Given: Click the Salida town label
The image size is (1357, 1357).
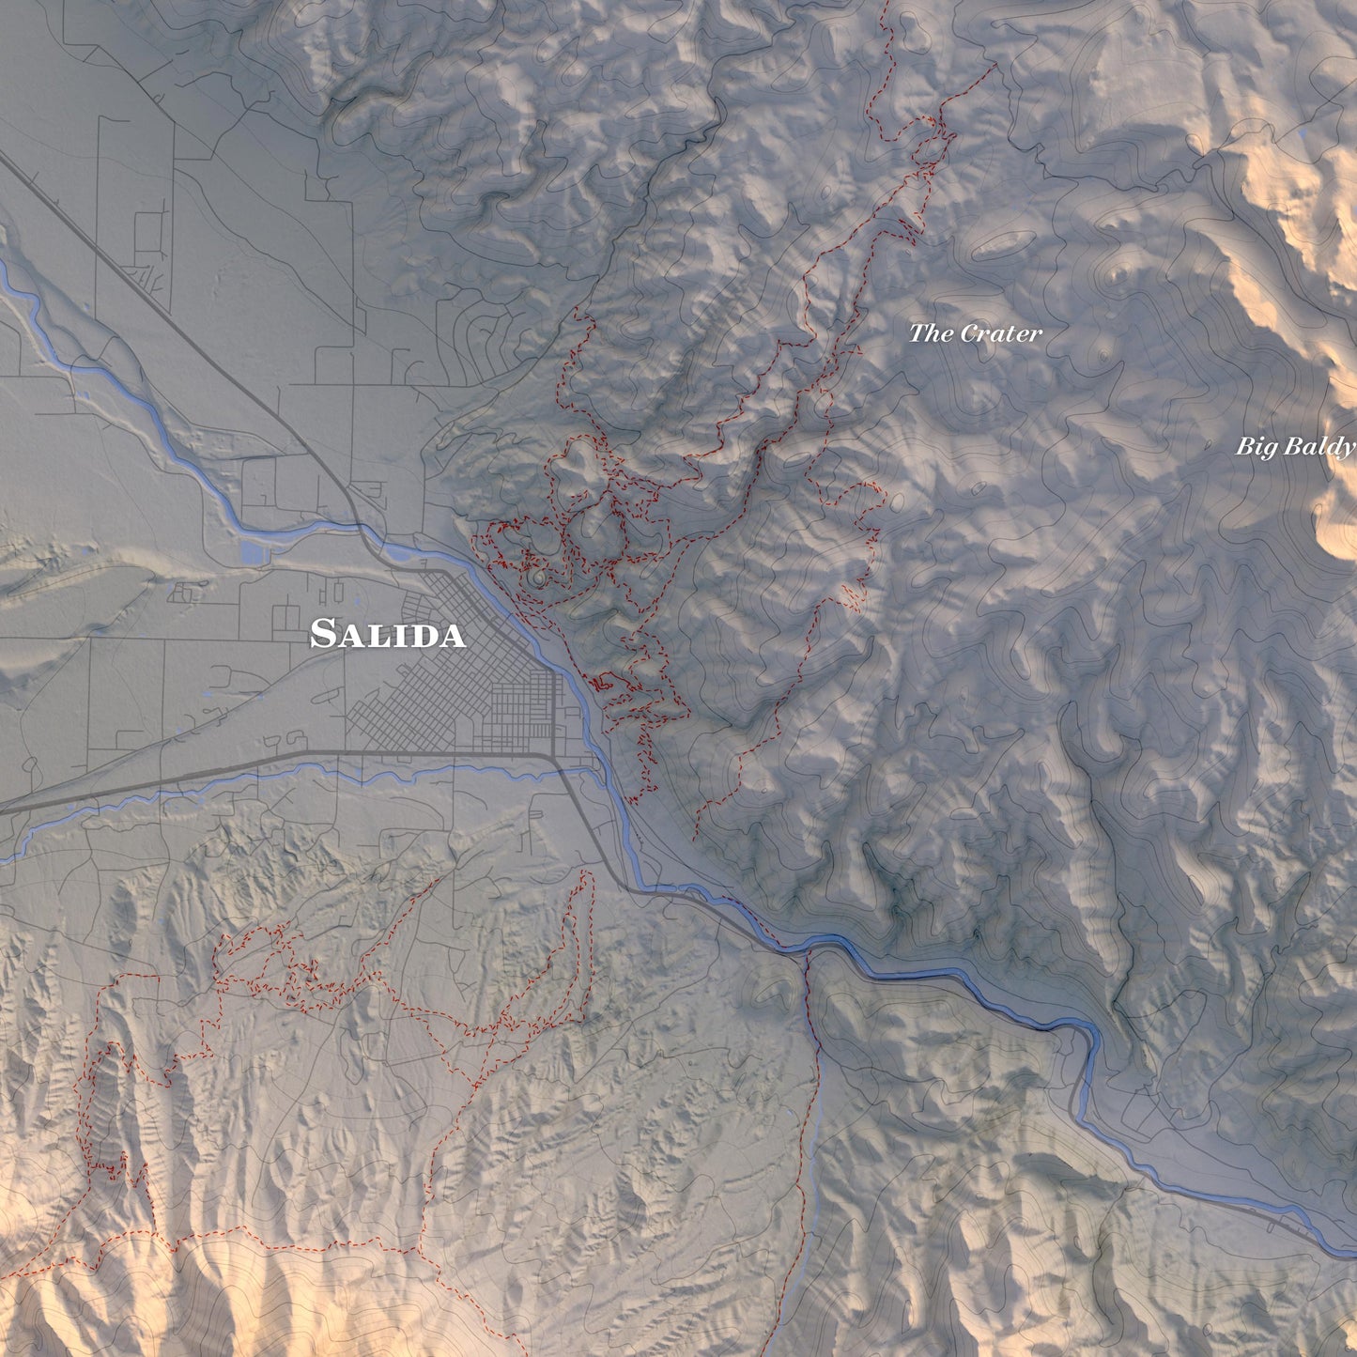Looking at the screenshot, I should pyautogui.click(x=387, y=634).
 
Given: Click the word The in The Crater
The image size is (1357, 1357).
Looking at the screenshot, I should pyautogui.click(x=931, y=332).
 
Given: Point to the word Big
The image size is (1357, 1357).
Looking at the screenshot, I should pyautogui.click(x=1254, y=446).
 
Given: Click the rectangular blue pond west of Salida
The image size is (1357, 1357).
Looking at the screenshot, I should pyautogui.click(x=253, y=552).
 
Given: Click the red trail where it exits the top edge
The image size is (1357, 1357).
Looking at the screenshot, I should pyautogui.click(x=887, y=4).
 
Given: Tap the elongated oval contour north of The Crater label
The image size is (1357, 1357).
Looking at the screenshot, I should pyautogui.click(x=995, y=246).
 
